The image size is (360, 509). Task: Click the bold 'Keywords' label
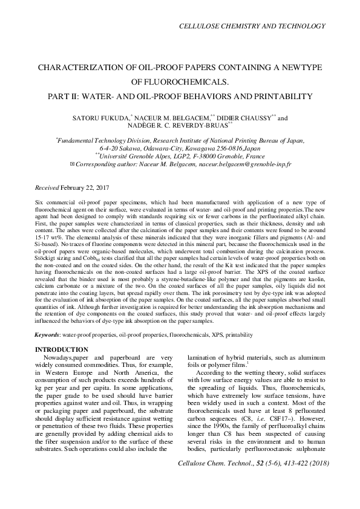tap(47, 334)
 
